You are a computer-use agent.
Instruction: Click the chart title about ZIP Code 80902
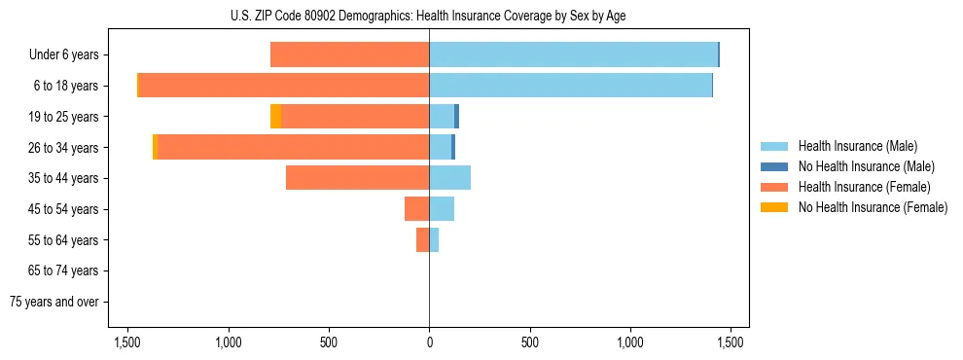point(429,16)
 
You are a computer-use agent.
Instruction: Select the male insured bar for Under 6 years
point(573,54)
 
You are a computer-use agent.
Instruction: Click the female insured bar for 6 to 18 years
point(284,86)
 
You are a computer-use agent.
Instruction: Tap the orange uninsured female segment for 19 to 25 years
point(275,117)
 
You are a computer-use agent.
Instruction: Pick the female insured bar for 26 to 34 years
point(293,147)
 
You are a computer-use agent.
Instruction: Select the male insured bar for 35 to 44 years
point(449,178)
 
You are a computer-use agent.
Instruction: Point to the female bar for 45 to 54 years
point(416,208)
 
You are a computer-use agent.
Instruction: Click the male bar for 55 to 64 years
point(434,239)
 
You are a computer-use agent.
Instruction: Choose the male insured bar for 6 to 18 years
point(570,86)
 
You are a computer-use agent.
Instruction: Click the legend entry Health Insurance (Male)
point(857,146)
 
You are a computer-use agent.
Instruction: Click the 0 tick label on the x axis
point(429,342)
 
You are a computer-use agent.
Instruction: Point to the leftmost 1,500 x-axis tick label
point(127,342)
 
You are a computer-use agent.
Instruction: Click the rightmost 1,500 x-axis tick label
point(731,342)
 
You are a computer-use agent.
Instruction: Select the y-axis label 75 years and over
point(53,302)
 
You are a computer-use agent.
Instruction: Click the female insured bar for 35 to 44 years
point(357,178)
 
